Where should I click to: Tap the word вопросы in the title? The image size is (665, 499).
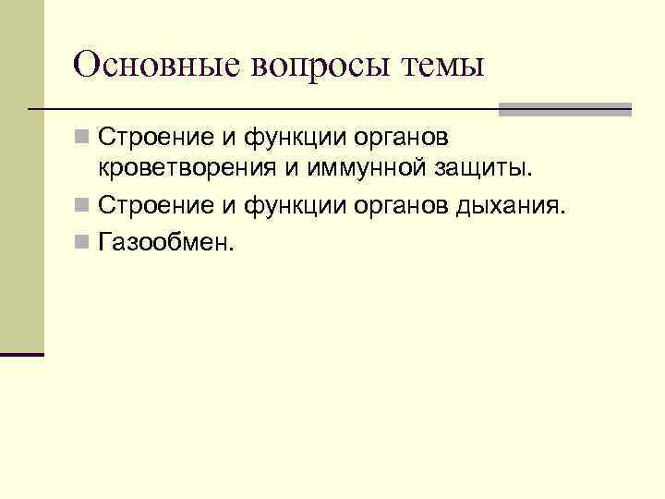tap(307, 67)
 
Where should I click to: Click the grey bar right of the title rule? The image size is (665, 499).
tap(564, 109)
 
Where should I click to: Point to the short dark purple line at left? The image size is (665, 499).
tap(22, 354)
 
